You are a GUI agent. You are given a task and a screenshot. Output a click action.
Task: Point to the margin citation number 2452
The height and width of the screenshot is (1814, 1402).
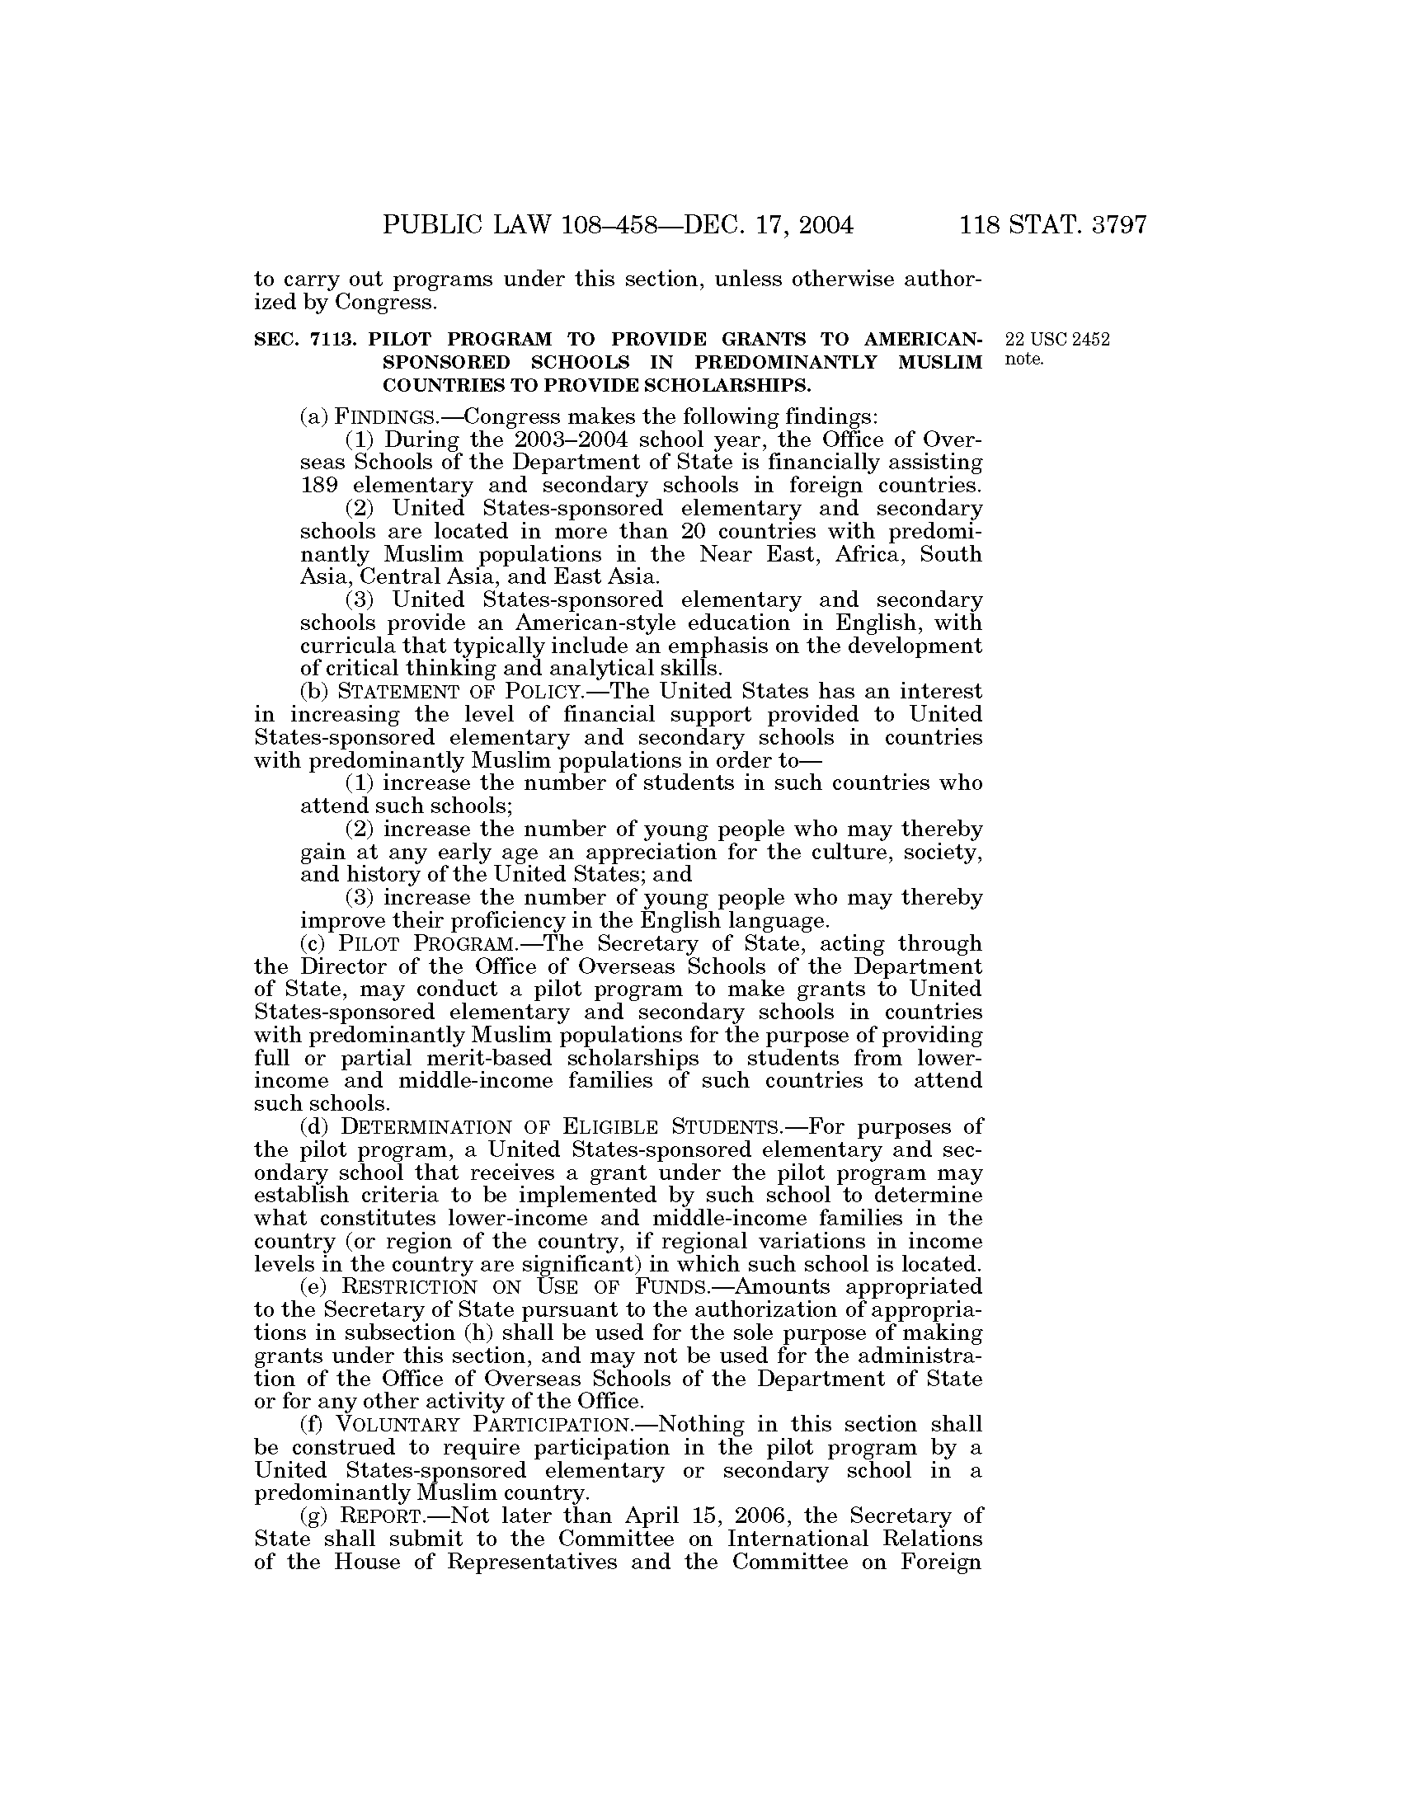[1089, 340]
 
